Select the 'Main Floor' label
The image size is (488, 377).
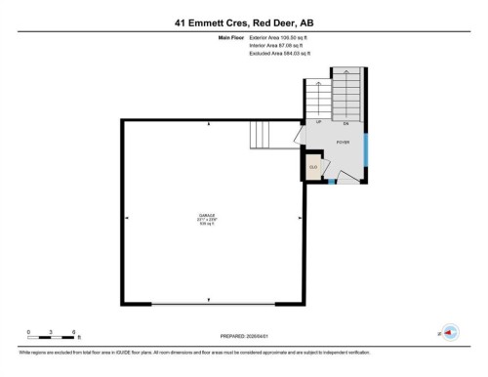(232, 37)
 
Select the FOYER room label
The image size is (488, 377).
(343, 143)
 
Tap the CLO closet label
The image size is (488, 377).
(313, 168)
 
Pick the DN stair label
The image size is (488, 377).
(346, 124)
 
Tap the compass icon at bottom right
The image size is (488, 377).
(450, 333)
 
